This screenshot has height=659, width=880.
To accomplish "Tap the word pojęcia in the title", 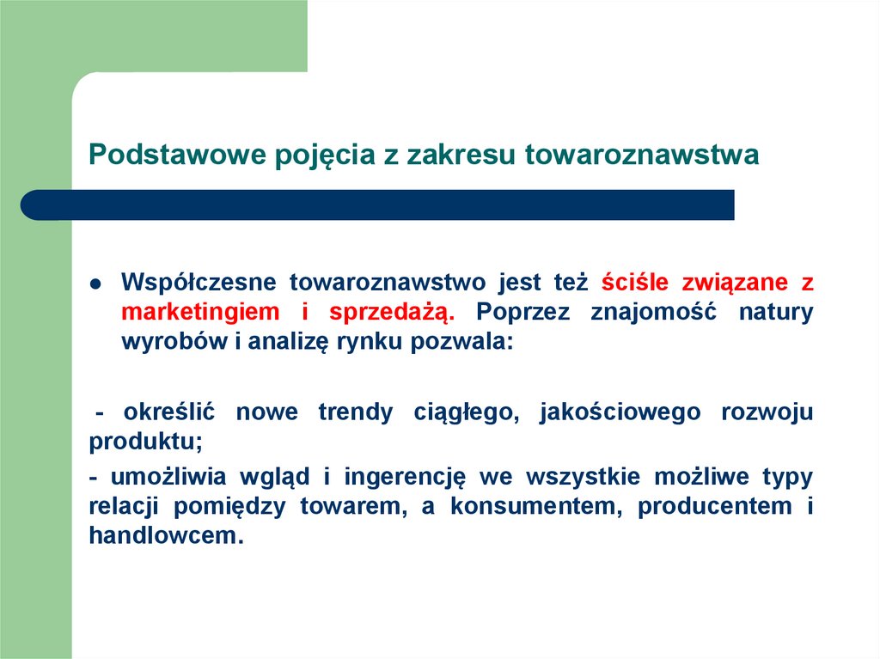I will [x=325, y=156].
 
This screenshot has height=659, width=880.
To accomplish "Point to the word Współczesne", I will [x=199, y=283].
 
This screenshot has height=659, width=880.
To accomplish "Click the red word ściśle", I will [x=634, y=283].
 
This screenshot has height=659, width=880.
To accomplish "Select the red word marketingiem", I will [x=200, y=312].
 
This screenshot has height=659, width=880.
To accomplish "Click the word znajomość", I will [x=653, y=312].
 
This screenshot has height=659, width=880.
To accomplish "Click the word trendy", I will [x=355, y=412].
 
